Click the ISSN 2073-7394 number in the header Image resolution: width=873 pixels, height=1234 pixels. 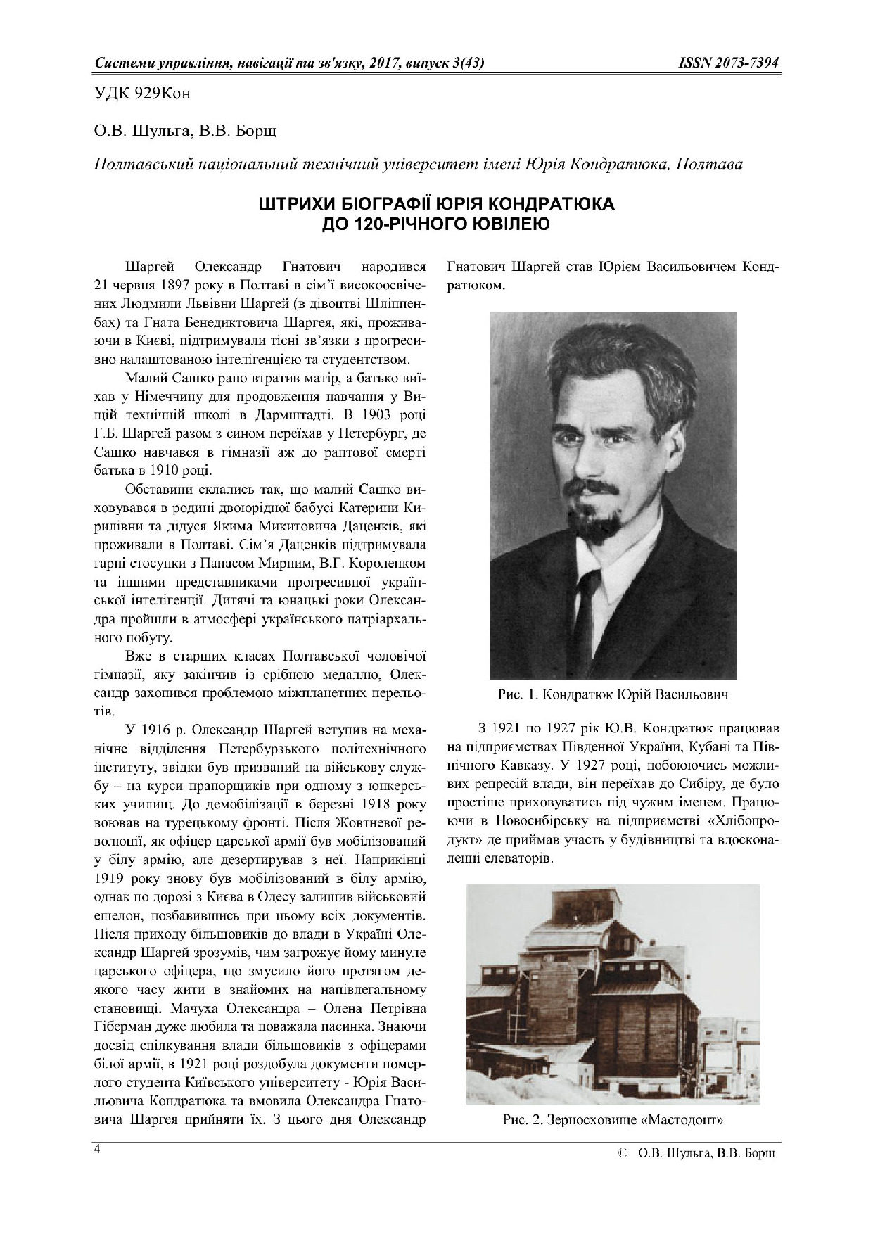tap(728, 63)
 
